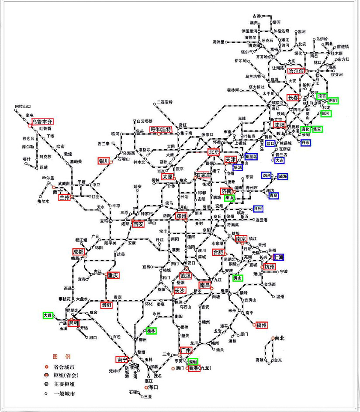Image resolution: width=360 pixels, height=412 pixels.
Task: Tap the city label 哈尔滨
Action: pyautogui.click(x=296, y=71)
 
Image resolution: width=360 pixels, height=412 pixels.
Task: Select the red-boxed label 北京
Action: pyautogui.click(x=214, y=152)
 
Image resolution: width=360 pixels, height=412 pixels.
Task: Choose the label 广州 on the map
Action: pyautogui.click(x=185, y=350)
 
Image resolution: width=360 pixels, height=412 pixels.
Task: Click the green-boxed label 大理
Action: pyautogui.click(x=48, y=315)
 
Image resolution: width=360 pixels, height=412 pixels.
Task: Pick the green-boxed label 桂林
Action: pyautogui.click(x=151, y=331)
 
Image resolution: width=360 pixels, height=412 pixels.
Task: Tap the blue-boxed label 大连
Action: pyautogui.click(x=280, y=161)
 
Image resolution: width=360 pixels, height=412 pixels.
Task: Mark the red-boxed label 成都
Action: pyautogui.click(x=79, y=252)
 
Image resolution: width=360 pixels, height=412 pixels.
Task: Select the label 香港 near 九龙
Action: pyautogui.click(x=194, y=368)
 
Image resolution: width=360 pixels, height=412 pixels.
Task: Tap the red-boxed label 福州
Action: pyautogui.click(x=262, y=325)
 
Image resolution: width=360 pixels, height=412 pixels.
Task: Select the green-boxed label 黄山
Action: pyautogui.click(x=238, y=278)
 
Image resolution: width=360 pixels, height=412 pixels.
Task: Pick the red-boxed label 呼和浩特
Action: pyautogui.click(x=160, y=130)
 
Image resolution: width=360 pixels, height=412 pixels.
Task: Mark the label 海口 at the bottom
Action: pyautogui.click(x=152, y=387)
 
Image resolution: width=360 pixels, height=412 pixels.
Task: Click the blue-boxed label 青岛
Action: pyautogui.click(x=273, y=196)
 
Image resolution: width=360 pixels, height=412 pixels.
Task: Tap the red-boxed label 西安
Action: pyautogui.click(x=138, y=224)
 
